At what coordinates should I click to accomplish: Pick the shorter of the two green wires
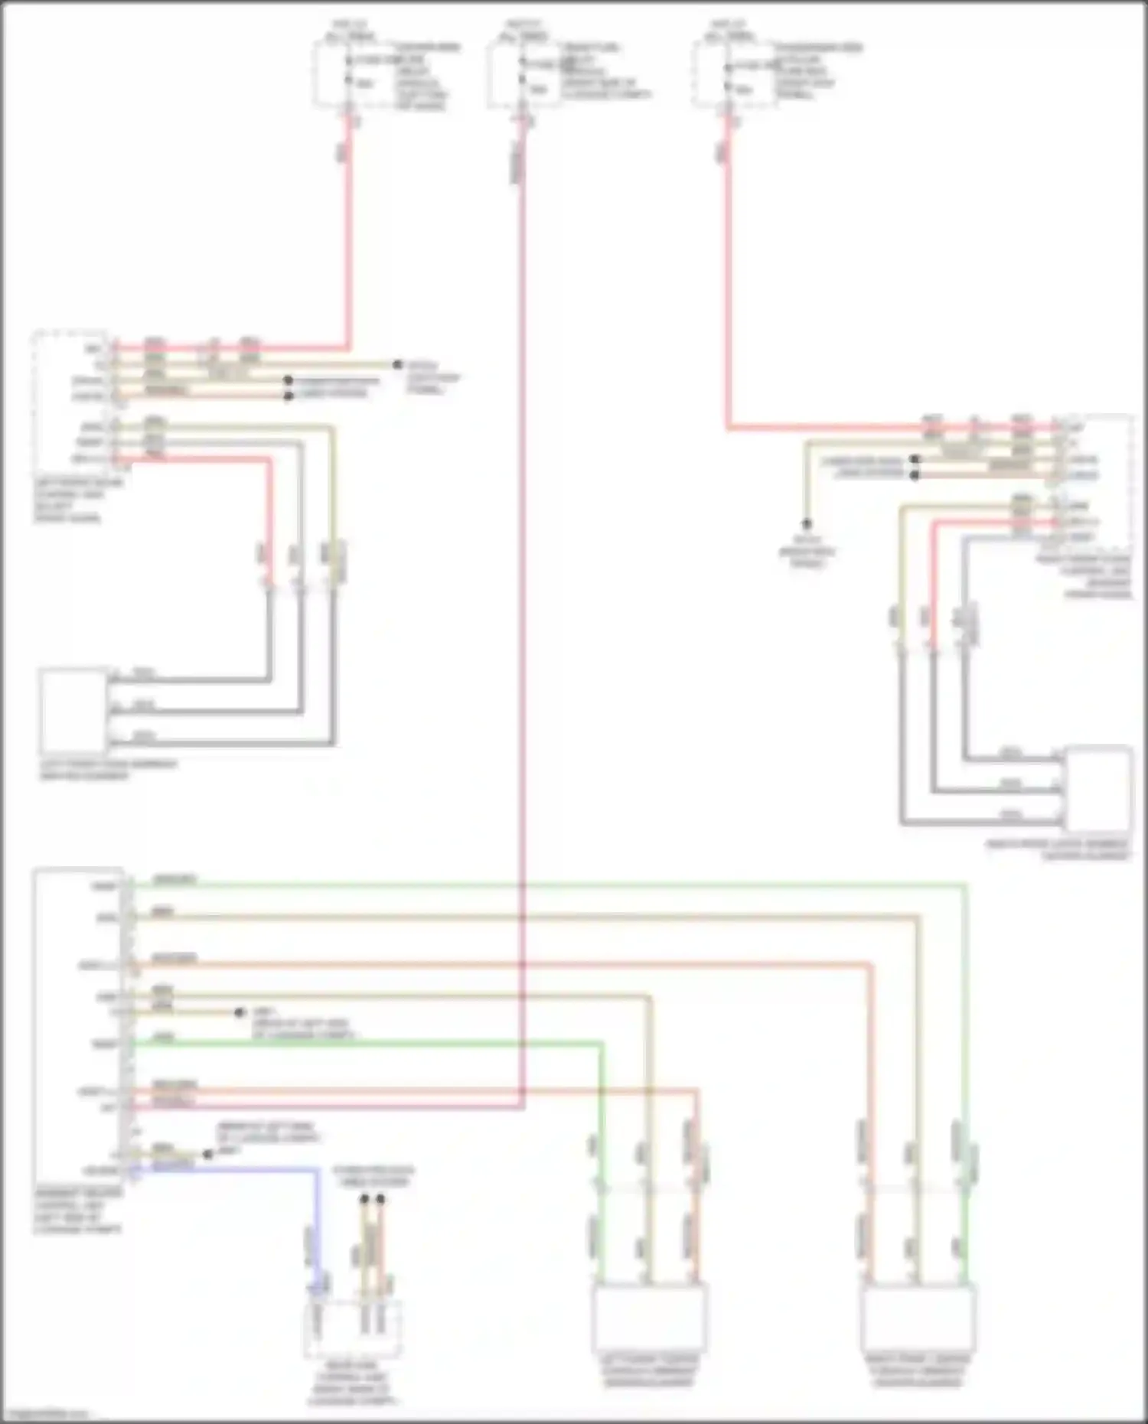coord(367,1043)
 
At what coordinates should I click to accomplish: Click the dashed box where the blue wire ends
coord(354,1328)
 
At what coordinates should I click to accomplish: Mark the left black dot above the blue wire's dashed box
coord(364,1199)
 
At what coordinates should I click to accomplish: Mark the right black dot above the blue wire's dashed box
coord(380,1199)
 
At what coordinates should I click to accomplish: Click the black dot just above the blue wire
coord(207,1154)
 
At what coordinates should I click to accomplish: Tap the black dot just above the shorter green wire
coord(240,1012)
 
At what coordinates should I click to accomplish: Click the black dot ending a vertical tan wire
coord(806,524)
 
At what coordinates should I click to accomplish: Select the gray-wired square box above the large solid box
coord(73,711)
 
